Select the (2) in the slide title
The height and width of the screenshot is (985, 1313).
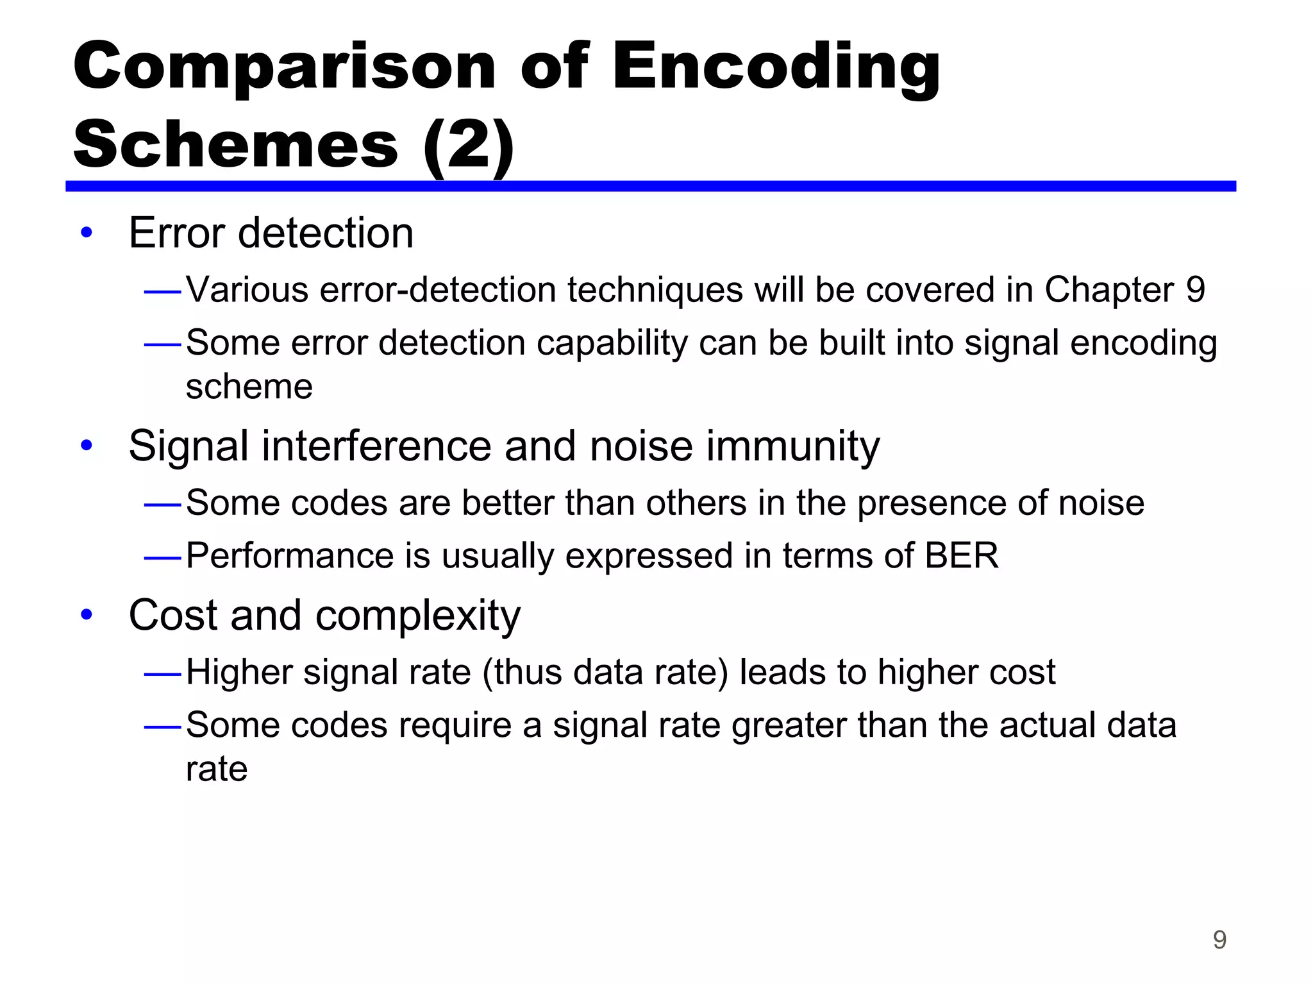tap(469, 145)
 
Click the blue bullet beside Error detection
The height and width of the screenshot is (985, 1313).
tap(87, 233)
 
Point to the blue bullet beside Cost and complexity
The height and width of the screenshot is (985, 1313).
tap(87, 615)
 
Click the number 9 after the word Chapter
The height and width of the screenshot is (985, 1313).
tap(1195, 290)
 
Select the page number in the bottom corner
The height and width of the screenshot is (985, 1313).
tap(1219, 940)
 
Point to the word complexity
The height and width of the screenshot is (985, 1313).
tap(418, 616)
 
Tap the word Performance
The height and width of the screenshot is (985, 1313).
tap(289, 555)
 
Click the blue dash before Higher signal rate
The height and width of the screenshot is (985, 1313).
tap(163, 674)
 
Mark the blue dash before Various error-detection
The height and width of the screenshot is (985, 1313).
tap(163, 292)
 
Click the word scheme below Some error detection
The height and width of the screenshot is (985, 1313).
tap(249, 387)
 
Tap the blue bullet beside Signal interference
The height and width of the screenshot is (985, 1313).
tap(87, 445)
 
